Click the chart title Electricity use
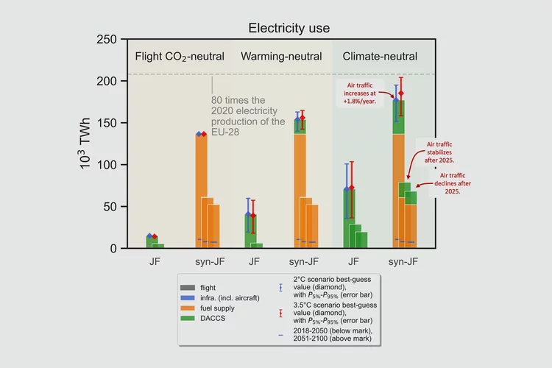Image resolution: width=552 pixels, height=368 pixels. point(289,29)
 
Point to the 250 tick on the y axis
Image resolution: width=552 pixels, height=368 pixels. point(107,40)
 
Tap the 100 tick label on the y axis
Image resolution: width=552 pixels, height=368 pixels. point(107,165)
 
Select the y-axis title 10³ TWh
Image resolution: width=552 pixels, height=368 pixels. point(86,144)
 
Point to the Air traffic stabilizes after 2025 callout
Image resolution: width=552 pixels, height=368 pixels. point(439,151)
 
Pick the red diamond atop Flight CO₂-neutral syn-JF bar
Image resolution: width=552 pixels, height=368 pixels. point(204,134)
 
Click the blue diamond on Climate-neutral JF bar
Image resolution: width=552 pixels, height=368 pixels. point(347,189)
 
